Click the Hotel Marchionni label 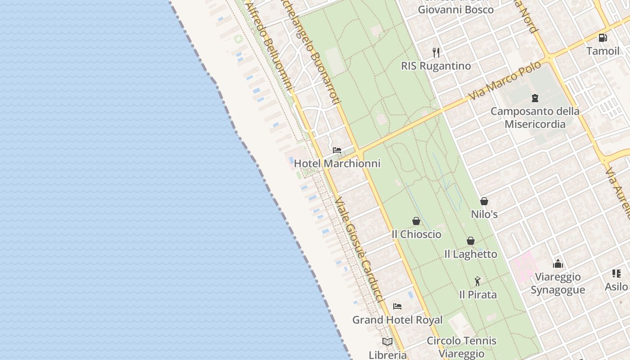click(x=337, y=164)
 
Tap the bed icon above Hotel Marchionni click(x=337, y=150)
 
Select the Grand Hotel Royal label click(x=397, y=320)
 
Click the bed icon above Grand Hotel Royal click(x=397, y=306)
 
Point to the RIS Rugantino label click(x=436, y=66)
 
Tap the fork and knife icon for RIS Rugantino click(x=436, y=53)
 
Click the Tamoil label click(x=603, y=51)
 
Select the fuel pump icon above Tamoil click(x=603, y=38)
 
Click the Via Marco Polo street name click(x=504, y=81)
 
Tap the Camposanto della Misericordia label click(x=535, y=117)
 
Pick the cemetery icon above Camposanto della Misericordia click(x=535, y=98)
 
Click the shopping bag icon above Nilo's click(x=484, y=201)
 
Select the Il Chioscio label click(x=416, y=234)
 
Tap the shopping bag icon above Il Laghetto click(x=471, y=241)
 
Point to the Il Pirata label click(x=478, y=295)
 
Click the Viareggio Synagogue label click(x=558, y=283)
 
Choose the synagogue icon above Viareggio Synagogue click(x=558, y=264)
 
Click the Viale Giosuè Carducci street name click(x=359, y=250)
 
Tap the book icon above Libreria click(x=387, y=342)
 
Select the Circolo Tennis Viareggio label click(x=462, y=347)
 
